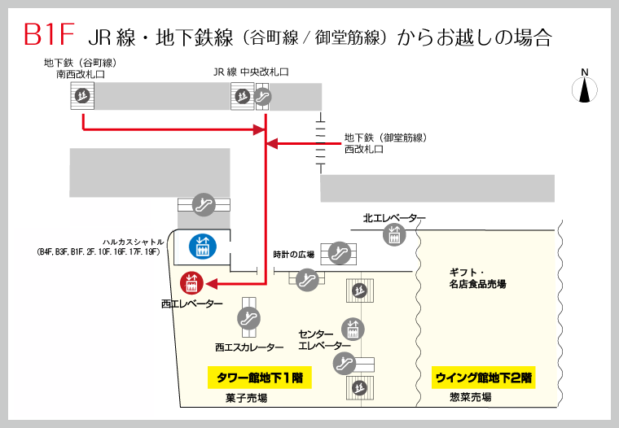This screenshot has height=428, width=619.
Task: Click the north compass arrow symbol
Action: tap(584, 86)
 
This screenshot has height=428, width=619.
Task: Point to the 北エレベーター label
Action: tap(394, 218)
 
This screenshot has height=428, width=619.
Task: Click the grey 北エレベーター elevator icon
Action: tap(395, 236)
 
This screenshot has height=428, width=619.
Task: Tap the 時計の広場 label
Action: tap(293, 255)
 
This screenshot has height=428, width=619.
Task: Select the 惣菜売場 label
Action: tap(470, 398)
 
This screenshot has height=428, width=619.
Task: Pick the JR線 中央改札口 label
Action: tap(251, 72)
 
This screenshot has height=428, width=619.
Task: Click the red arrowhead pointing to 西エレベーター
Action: tap(211, 284)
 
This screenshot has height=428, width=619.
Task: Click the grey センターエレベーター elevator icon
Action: tap(353, 329)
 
